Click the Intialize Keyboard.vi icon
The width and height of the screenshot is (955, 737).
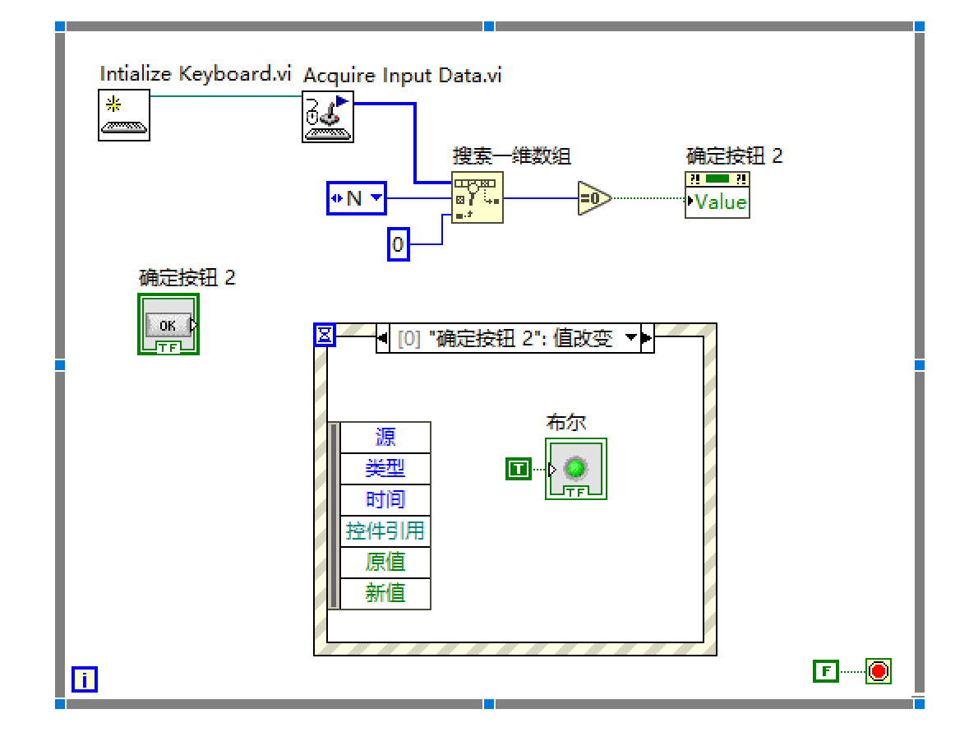tap(124, 115)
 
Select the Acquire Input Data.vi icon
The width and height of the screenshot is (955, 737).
tap(328, 116)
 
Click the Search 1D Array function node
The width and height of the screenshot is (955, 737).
tap(477, 197)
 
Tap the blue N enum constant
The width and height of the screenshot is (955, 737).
tap(357, 197)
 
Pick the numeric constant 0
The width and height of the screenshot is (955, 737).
tap(398, 244)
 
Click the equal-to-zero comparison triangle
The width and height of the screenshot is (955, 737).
tap(593, 197)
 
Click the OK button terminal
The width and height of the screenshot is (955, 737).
tap(168, 325)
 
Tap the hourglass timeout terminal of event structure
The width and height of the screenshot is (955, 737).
tap(325, 334)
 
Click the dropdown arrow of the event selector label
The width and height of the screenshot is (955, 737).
tap(631, 337)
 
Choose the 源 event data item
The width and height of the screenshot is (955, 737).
tap(385, 438)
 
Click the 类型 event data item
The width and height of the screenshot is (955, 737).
tap(385, 469)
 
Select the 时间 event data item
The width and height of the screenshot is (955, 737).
tap(385, 500)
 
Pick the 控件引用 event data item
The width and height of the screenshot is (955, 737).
tap(385, 531)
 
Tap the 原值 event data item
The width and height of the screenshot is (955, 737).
tap(385, 563)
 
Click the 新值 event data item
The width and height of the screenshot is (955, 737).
tap(385, 593)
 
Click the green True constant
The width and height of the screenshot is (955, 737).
tap(519, 469)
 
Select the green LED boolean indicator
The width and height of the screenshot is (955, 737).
tap(576, 469)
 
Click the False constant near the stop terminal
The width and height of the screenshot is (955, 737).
tap(826, 671)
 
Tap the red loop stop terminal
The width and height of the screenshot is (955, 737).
tap(878, 671)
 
